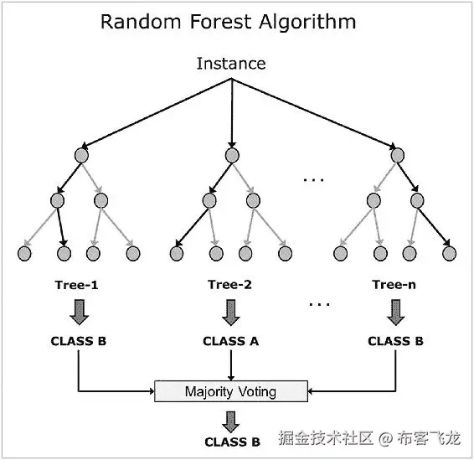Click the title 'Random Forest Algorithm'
coord(228,22)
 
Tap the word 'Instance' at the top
coord(231,64)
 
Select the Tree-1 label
coord(78,286)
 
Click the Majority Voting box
coord(230,391)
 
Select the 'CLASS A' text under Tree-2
coord(230,341)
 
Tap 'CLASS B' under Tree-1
coord(78,341)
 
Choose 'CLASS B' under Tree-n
coord(395,341)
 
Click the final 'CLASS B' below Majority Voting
coord(232,442)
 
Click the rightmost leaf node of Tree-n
coord(450,251)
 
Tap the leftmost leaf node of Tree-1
coord(25,251)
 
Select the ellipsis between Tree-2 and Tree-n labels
coord(319,303)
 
